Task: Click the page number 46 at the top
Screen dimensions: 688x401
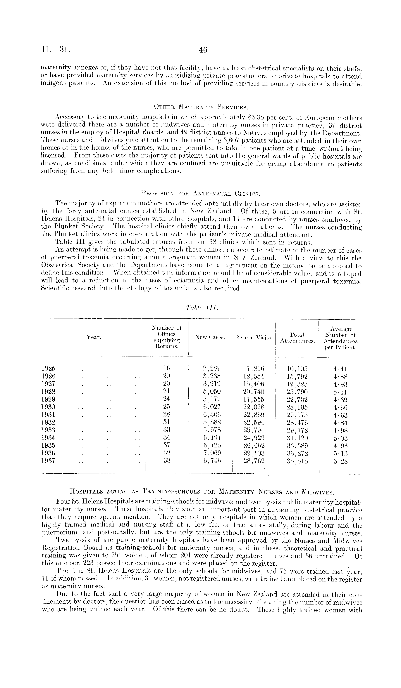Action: [203, 50]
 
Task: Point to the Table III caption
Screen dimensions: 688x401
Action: [201, 308]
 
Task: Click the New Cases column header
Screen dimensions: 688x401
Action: [210, 337]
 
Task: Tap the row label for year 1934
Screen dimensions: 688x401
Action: [48, 438]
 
